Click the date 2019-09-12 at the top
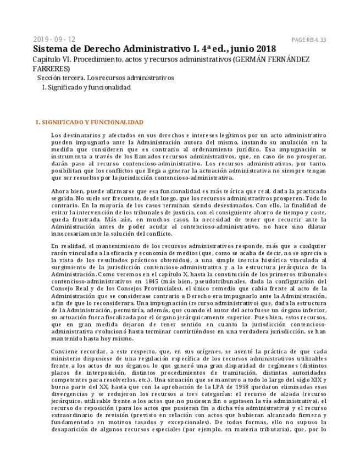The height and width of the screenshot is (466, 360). (54, 39)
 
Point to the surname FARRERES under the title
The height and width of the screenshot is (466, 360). (51, 69)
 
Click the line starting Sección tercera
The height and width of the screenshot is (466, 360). (105, 78)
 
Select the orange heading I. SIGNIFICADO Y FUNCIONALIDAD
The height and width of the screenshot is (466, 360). (89, 122)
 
